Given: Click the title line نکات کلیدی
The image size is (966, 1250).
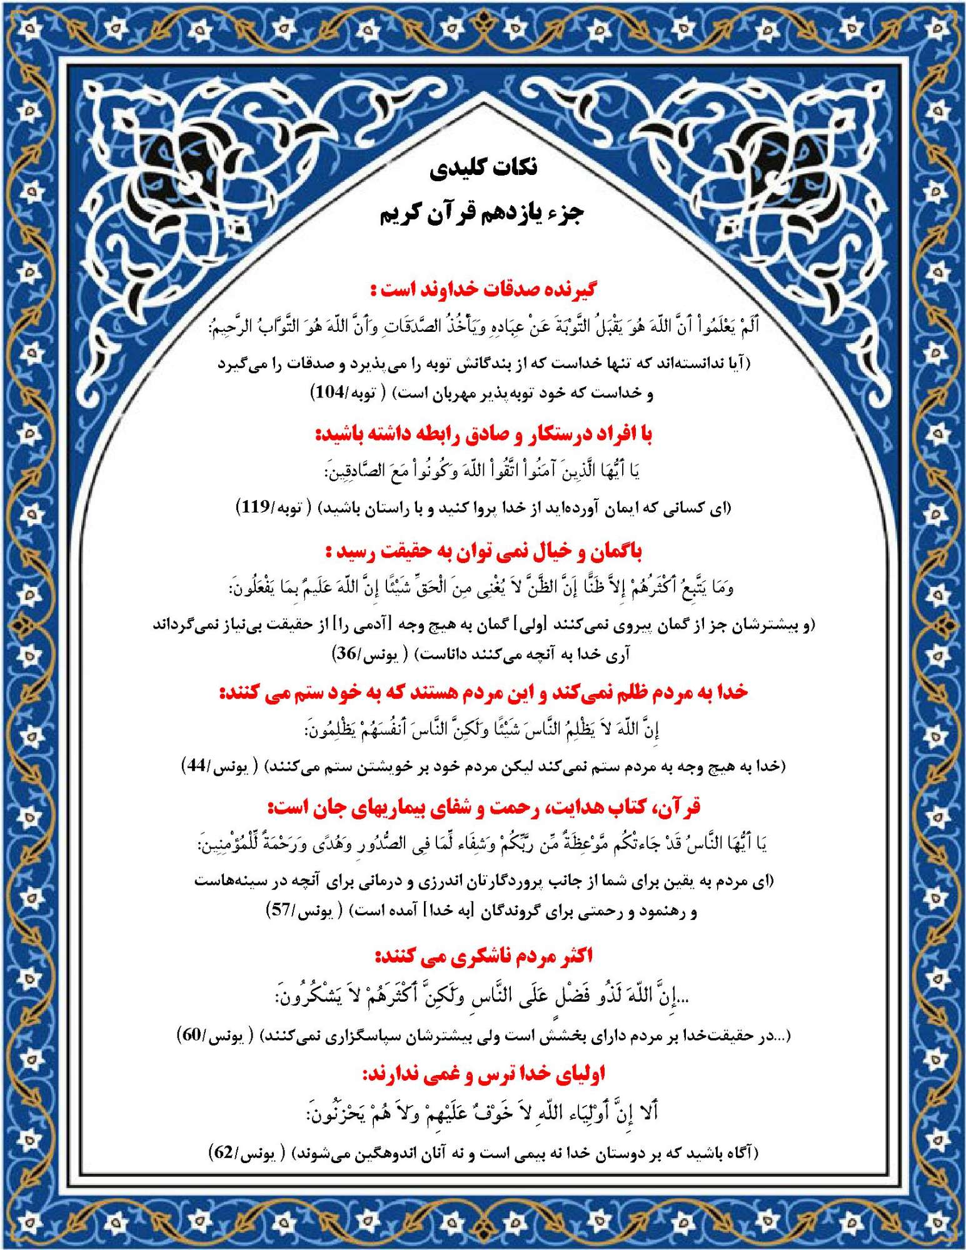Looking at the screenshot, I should point(483,168).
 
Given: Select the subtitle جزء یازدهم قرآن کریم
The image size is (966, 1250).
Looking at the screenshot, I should point(482,214).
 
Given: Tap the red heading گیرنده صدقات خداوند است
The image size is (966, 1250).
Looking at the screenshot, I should point(483,289).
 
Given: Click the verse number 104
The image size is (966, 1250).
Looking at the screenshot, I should point(330,393).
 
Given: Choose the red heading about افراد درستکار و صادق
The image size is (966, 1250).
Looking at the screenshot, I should point(483,434).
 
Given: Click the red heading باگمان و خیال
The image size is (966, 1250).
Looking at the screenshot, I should point(483,551).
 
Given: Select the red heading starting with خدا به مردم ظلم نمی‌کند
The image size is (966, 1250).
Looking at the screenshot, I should point(483,692).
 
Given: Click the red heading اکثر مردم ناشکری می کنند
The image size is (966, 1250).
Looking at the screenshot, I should point(483,956).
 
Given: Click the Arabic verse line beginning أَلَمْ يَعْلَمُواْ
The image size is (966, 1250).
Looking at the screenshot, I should point(483,326).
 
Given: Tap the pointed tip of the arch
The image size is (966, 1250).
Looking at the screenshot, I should point(483,105).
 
